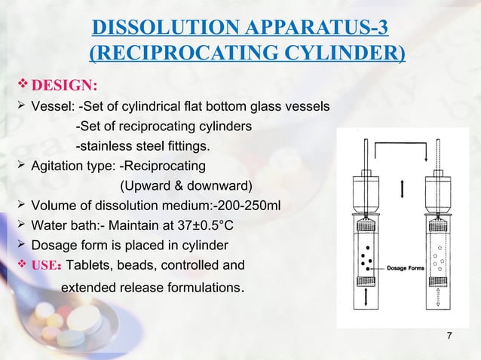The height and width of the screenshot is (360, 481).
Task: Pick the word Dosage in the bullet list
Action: (x=53, y=246)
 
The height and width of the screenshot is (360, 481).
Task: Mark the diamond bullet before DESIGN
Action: (x=20, y=81)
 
